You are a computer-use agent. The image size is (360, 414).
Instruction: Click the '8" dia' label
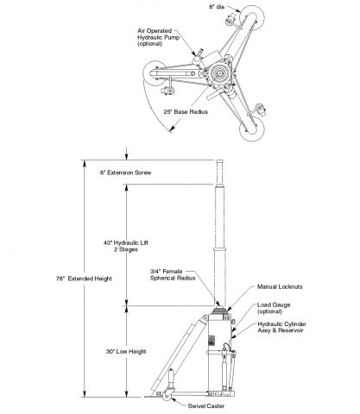tap(217, 7)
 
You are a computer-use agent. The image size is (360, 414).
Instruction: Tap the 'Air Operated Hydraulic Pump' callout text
tap(158, 37)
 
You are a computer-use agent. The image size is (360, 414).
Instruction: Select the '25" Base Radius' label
tap(186, 112)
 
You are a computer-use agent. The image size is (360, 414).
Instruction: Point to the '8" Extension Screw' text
tap(125, 172)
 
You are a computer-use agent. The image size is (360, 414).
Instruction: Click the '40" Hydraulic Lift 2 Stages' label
tap(126, 246)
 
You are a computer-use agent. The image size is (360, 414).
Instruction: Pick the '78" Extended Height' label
tap(84, 279)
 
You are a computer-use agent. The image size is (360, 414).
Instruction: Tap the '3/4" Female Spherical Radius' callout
tap(173, 274)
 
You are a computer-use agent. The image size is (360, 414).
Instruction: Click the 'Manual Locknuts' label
tap(280, 286)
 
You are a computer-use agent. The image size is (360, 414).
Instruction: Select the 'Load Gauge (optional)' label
tap(274, 308)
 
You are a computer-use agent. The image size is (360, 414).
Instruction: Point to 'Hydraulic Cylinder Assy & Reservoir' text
tap(281, 327)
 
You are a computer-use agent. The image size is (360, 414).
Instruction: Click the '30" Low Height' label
tap(126, 352)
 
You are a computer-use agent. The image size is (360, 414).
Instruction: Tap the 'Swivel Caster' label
tap(206, 406)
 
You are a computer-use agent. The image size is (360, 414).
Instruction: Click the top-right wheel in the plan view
tap(252, 16)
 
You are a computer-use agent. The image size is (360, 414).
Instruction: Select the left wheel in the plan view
tap(155, 73)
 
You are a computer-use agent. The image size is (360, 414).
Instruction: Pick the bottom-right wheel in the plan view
tap(252, 129)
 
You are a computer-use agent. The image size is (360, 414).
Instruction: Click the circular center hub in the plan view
tap(220, 73)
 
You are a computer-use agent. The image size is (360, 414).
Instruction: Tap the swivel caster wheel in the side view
tap(167, 396)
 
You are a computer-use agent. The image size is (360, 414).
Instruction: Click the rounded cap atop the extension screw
tap(220, 161)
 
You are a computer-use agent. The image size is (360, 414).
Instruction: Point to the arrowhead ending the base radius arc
tap(173, 129)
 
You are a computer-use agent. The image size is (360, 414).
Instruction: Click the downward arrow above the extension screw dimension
tap(127, 154)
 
